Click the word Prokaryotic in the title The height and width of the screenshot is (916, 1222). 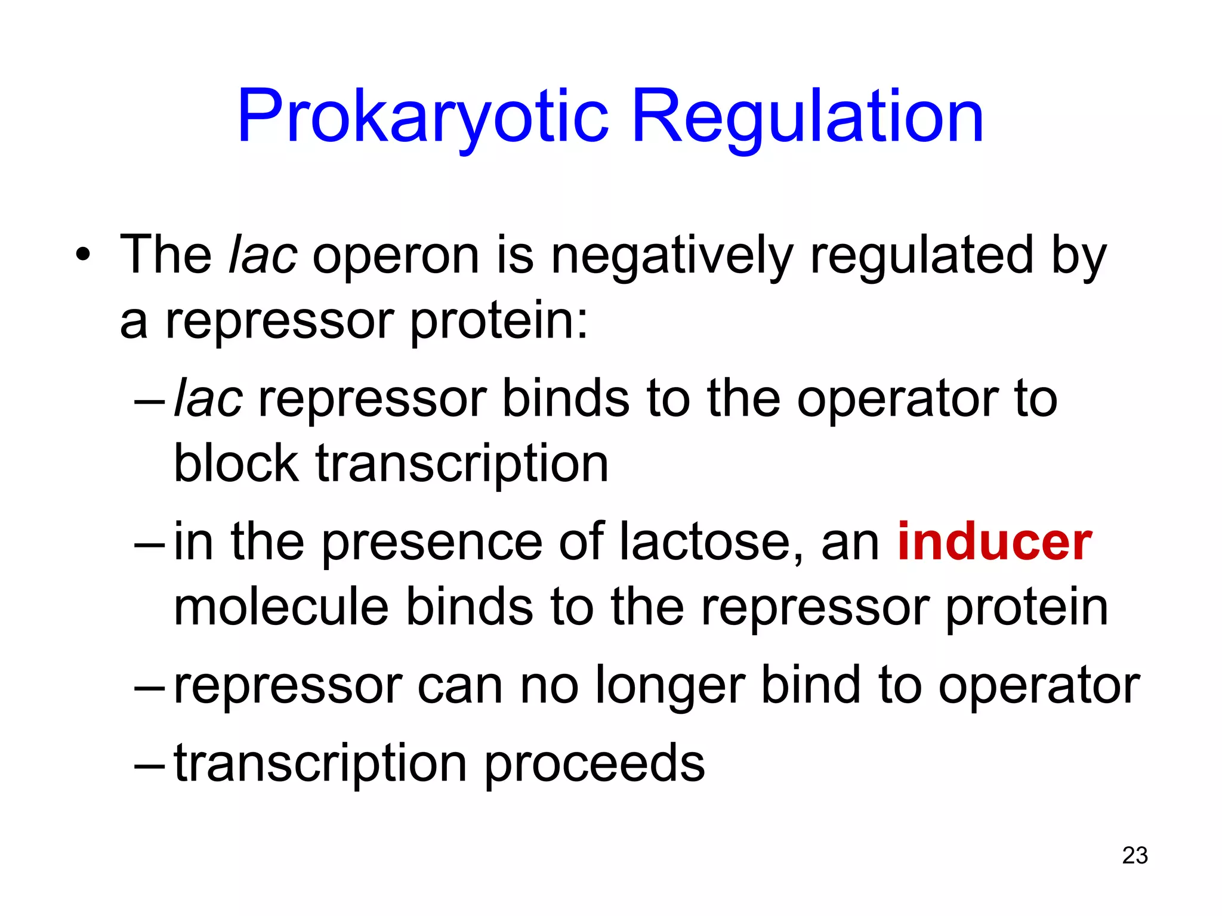coord(422,117)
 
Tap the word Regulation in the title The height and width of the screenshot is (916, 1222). coord(807,117)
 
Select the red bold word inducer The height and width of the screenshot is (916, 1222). coord(994,541)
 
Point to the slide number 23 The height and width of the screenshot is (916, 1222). coord(1135,855)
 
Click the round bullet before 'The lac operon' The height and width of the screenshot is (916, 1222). coord(84,256)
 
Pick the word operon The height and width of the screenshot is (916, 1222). coord(396,256)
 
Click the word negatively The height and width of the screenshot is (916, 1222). coord(671,256)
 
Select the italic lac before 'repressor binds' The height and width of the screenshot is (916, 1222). coord(208,398)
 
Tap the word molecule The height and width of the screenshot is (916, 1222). coord(281,607)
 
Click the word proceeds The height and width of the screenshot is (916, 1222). coord(594,765)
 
